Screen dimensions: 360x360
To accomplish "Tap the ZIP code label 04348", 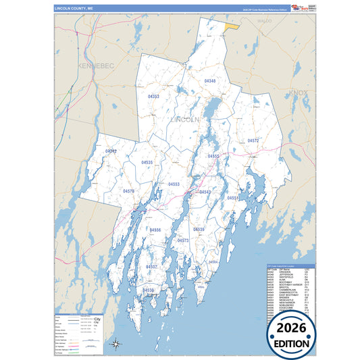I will coord(210,81).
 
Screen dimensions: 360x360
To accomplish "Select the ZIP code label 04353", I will coord(154,97).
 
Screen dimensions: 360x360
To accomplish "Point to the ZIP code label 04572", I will coord(253,140).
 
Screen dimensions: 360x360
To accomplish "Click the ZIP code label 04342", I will coord(111,151).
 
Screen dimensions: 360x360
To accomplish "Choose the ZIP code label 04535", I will coord(147,163).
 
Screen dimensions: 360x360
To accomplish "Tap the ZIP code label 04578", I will coord(128,191).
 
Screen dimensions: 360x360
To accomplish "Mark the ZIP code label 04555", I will coord(213,156).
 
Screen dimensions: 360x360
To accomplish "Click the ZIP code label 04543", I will coord(205,192).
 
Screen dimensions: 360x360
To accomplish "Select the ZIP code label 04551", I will coord(232,198).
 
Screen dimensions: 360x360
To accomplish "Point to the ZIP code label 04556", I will coord(155,230).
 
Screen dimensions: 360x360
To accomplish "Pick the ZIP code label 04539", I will coord(199,230).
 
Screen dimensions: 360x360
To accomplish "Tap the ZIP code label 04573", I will coord(183,240).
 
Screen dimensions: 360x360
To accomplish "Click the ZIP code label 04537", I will coord(151,267).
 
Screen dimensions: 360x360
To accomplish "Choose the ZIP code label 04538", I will coord(148,290).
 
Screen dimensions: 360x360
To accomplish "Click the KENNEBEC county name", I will coord(97,66).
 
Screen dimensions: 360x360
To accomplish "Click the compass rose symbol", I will coord(115,344).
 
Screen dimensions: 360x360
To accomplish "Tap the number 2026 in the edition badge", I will coord(292,328).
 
